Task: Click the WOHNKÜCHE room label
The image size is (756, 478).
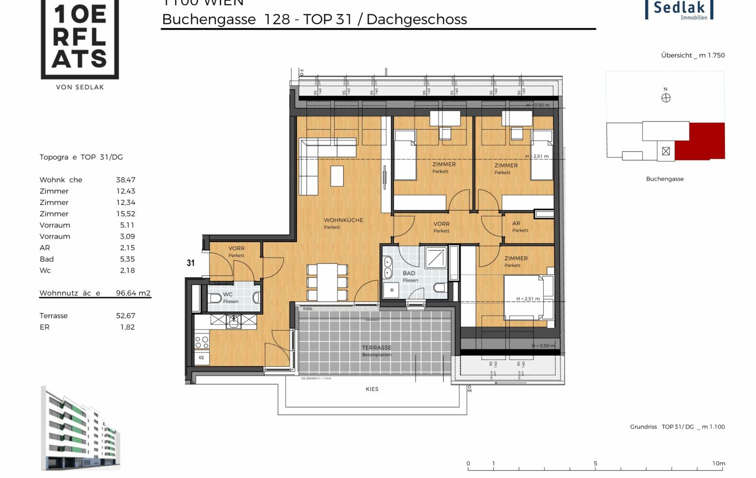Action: pyautogui.click(x=343, y=220)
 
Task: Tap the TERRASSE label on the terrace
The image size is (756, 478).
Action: pyautogui.click(x=376, y=348)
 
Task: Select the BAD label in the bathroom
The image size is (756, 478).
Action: pyautogui.click(x=409, y=274)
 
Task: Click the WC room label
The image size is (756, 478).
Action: pyautogui.click(x=228, y=295)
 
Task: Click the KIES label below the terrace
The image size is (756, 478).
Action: pyautogui.click(x=372, y=389)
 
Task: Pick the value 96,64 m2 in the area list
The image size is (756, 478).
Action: pyautogui.click(x=133, y=293)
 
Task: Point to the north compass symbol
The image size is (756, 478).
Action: pyautogui.click(x=666, y=98)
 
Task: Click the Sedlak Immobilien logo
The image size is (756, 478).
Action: pyautogui.click(x=679, y=9)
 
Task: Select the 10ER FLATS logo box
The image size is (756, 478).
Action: pyautogui.click(x=79, y=39)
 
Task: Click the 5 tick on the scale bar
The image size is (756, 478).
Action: pyautogui.click(x=595, y=464)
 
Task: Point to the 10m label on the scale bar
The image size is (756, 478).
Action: pyautogui.click(x=718, y=464)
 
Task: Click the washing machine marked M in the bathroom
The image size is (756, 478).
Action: pyautogui.click(x=391, y=290)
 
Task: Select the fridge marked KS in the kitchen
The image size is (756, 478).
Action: pyautogui.click(x=201, y=358)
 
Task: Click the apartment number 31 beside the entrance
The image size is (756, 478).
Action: pyautogui.click(x=191, y=264)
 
